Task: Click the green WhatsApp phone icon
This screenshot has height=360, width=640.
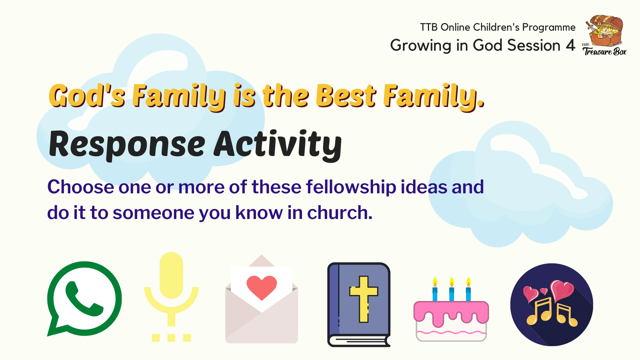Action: [x=84, y=299]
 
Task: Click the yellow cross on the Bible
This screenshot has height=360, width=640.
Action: [x=364, y=299]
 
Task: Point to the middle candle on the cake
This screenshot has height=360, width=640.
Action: [x=452, y=289]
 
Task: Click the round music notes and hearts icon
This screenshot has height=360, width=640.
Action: [x=552, y=305]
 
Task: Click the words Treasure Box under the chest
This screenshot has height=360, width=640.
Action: [x=605, y=52]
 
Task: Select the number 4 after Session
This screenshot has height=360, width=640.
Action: [x=571, y=45]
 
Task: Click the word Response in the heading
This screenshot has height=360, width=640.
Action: [x=127, y=145]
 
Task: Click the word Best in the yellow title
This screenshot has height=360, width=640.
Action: [x=346, y=96]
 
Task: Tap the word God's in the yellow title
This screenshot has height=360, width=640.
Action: [x=87, y=96]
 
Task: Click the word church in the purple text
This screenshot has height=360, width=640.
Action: [x=340, y=212]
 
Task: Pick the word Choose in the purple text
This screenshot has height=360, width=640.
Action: [x=81, y=187]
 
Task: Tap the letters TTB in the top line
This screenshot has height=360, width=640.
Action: [x=429, y=27]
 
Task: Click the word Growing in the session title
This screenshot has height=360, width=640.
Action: [x=421, y=46]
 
